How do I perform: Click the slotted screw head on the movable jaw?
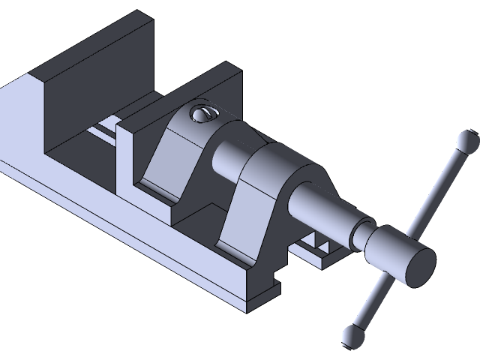202,114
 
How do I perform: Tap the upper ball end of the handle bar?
466,139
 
